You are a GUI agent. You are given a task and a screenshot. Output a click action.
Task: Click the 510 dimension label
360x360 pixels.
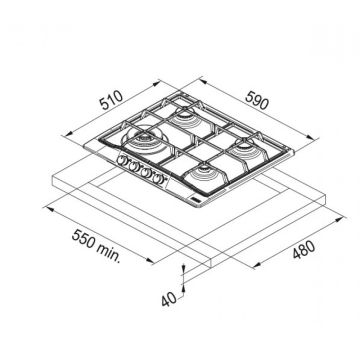click(112, 100)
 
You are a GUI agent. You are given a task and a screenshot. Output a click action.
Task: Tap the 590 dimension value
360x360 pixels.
click(256, 100)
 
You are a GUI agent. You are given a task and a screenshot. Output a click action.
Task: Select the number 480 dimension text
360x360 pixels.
click(303, 250)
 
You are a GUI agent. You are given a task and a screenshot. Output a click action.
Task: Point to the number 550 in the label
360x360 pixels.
click(83, 239)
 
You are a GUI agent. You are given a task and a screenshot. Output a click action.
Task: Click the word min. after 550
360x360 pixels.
click(109, 253)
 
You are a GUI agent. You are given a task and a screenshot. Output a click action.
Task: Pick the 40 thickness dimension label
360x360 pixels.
click(169, 300)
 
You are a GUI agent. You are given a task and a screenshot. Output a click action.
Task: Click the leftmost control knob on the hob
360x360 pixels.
click(122, 160)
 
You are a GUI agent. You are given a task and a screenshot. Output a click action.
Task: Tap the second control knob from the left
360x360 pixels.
click(134, 166)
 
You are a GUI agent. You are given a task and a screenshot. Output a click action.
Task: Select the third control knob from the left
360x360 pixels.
click(146, 172)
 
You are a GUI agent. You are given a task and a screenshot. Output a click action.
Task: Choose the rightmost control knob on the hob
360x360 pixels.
click(157, 179)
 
